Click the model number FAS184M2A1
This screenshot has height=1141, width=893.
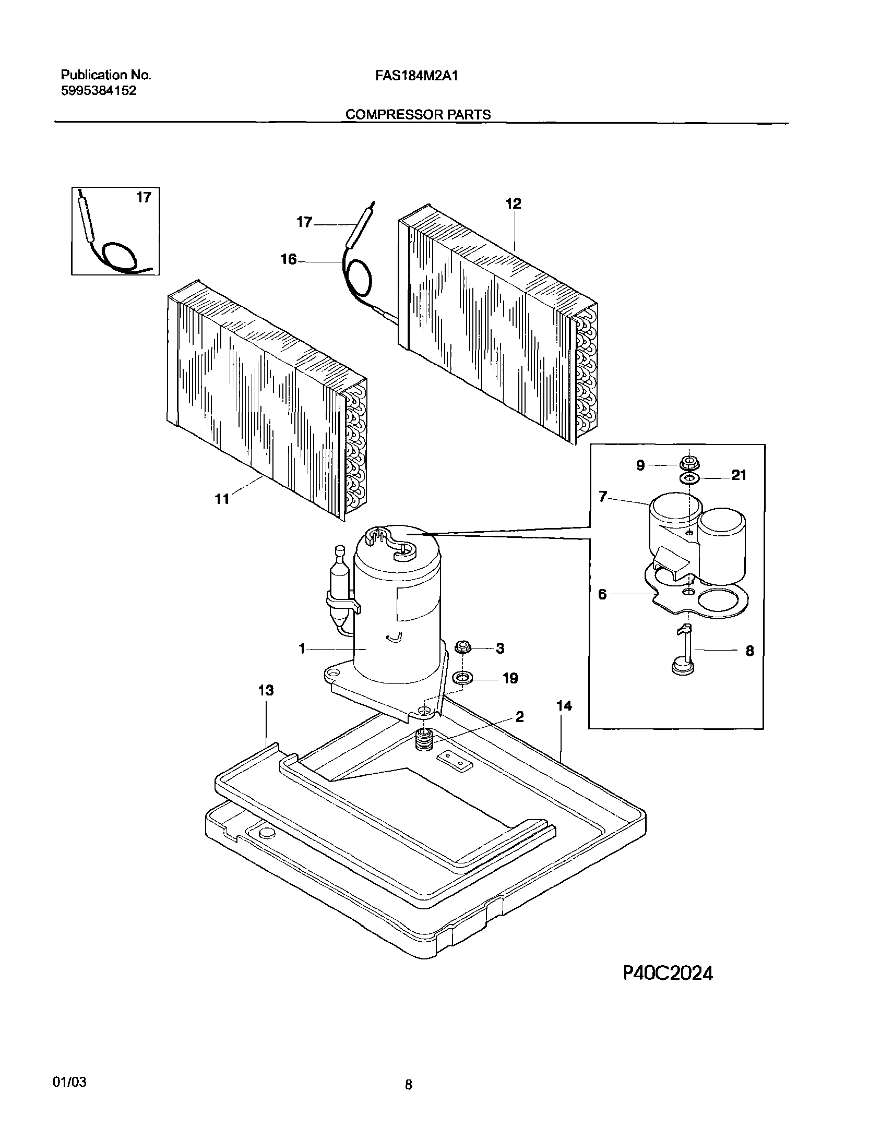point(416,76)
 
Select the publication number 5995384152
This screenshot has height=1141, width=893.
point(99,91)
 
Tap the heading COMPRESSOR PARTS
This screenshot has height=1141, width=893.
point(418,114)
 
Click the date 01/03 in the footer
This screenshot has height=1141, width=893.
point(69,1082)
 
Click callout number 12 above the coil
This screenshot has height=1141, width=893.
point(514,205)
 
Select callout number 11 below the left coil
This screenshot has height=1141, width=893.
point(222,500)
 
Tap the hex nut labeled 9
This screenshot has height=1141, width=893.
point(688,463)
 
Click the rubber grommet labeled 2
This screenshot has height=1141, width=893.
point(423,741)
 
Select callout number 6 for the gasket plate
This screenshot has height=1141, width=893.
point(602,595)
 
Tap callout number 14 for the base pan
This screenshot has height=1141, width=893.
point(564,706)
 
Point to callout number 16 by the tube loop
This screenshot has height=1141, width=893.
point(289,259)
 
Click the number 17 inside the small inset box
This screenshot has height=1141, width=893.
point(144,198)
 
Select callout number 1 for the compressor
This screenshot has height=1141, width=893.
point(301,649)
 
